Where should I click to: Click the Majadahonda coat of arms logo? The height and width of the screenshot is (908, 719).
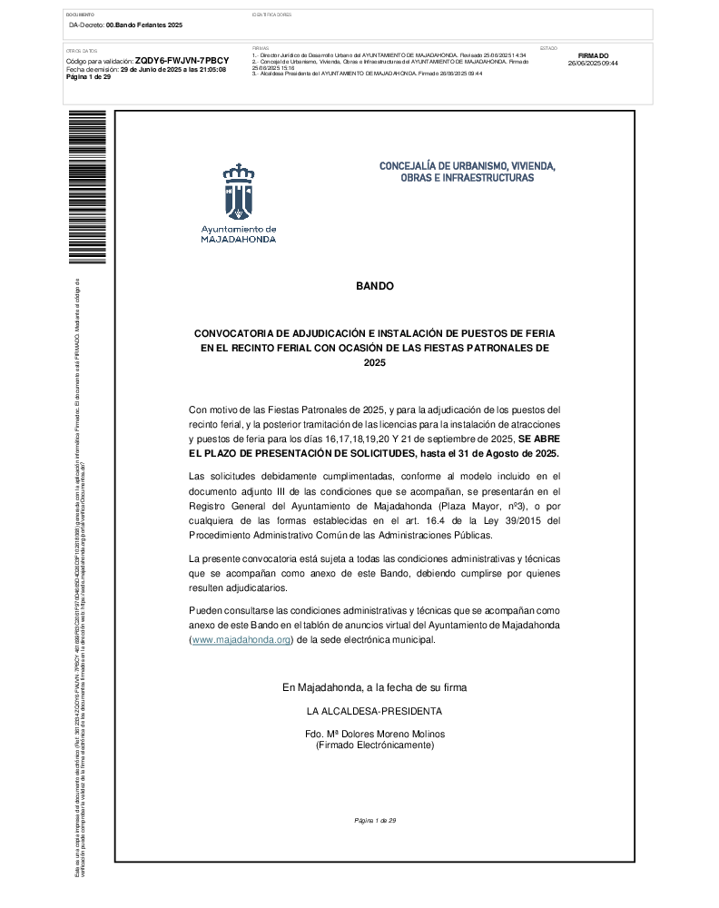(238, 192)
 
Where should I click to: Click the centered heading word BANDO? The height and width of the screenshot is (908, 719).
(375, 286)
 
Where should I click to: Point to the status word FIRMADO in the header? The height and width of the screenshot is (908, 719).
(593, 55)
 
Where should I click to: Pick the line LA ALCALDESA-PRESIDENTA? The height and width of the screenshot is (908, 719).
(375, 711)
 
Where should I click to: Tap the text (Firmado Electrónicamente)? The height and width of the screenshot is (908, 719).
(375, 745)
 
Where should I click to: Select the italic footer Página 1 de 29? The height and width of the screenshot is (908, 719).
(375, 821)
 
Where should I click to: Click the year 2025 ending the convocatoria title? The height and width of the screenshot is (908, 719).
(375, 363)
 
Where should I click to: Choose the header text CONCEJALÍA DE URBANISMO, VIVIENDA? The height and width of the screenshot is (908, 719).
(467, 166)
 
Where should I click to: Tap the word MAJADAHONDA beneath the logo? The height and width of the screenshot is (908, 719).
(239, 240)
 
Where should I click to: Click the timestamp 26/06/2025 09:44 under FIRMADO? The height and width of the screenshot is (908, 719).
(593, 64)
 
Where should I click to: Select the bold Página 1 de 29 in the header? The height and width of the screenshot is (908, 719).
(89, 77)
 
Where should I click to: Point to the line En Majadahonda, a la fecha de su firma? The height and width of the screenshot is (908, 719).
(375, 688)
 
